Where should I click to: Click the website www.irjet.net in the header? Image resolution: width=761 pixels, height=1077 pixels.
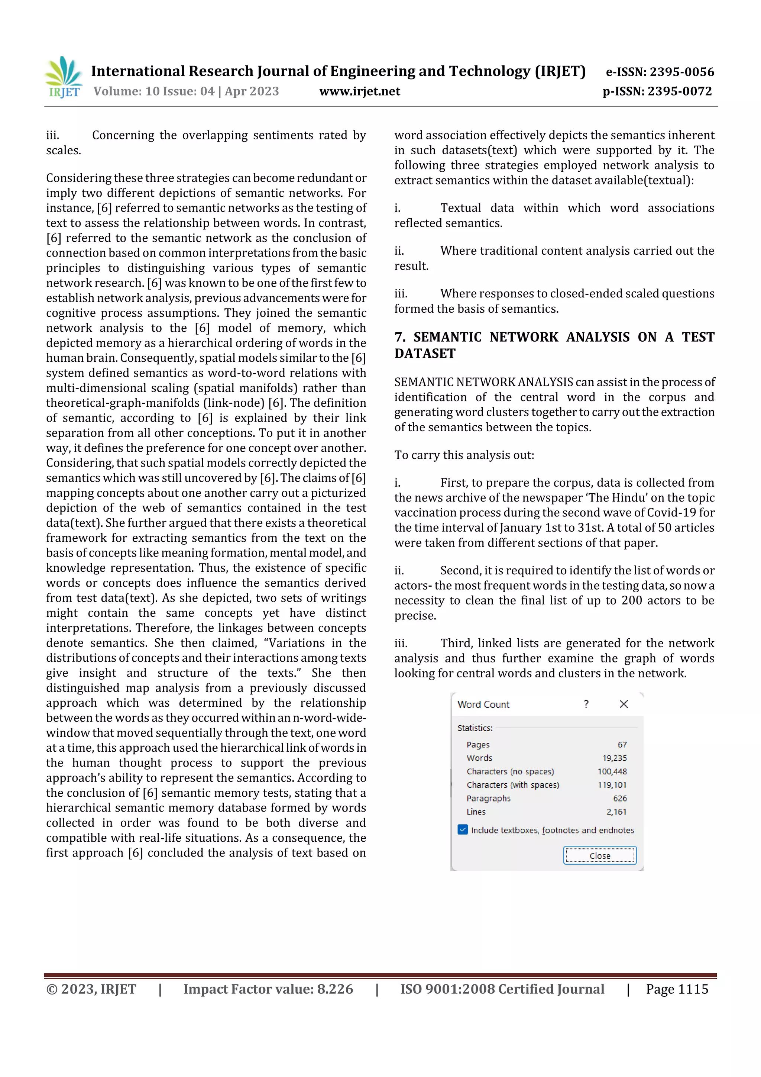(x=360, y=91)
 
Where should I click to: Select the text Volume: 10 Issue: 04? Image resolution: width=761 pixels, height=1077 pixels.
(x=154, y=91)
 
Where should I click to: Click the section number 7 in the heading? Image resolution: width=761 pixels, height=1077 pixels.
(x=399, y=337)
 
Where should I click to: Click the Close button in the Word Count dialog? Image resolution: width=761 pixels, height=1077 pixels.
(x=599, y=855)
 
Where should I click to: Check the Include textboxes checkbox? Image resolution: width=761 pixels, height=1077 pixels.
(x=463, y=830)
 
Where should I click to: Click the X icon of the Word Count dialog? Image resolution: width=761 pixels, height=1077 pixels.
(x=623, y=704)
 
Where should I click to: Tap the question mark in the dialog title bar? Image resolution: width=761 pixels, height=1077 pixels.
(x=586, y=704)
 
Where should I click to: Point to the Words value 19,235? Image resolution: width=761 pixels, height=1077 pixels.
(x=614, y=758)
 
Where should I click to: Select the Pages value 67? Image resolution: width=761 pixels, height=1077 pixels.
(x=622, y=744)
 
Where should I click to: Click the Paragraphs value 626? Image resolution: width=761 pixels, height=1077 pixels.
(x=619, y=799)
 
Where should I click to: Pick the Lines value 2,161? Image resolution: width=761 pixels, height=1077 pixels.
(x=616, y=812)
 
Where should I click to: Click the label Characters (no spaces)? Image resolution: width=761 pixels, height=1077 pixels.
(x=510, y=772)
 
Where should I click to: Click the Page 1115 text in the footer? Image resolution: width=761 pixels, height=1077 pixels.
(x=677, y=989)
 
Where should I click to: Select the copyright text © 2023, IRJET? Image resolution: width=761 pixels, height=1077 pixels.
(x=91, y=989)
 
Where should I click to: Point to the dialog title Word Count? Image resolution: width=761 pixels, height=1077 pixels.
(x=483, y=704)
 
